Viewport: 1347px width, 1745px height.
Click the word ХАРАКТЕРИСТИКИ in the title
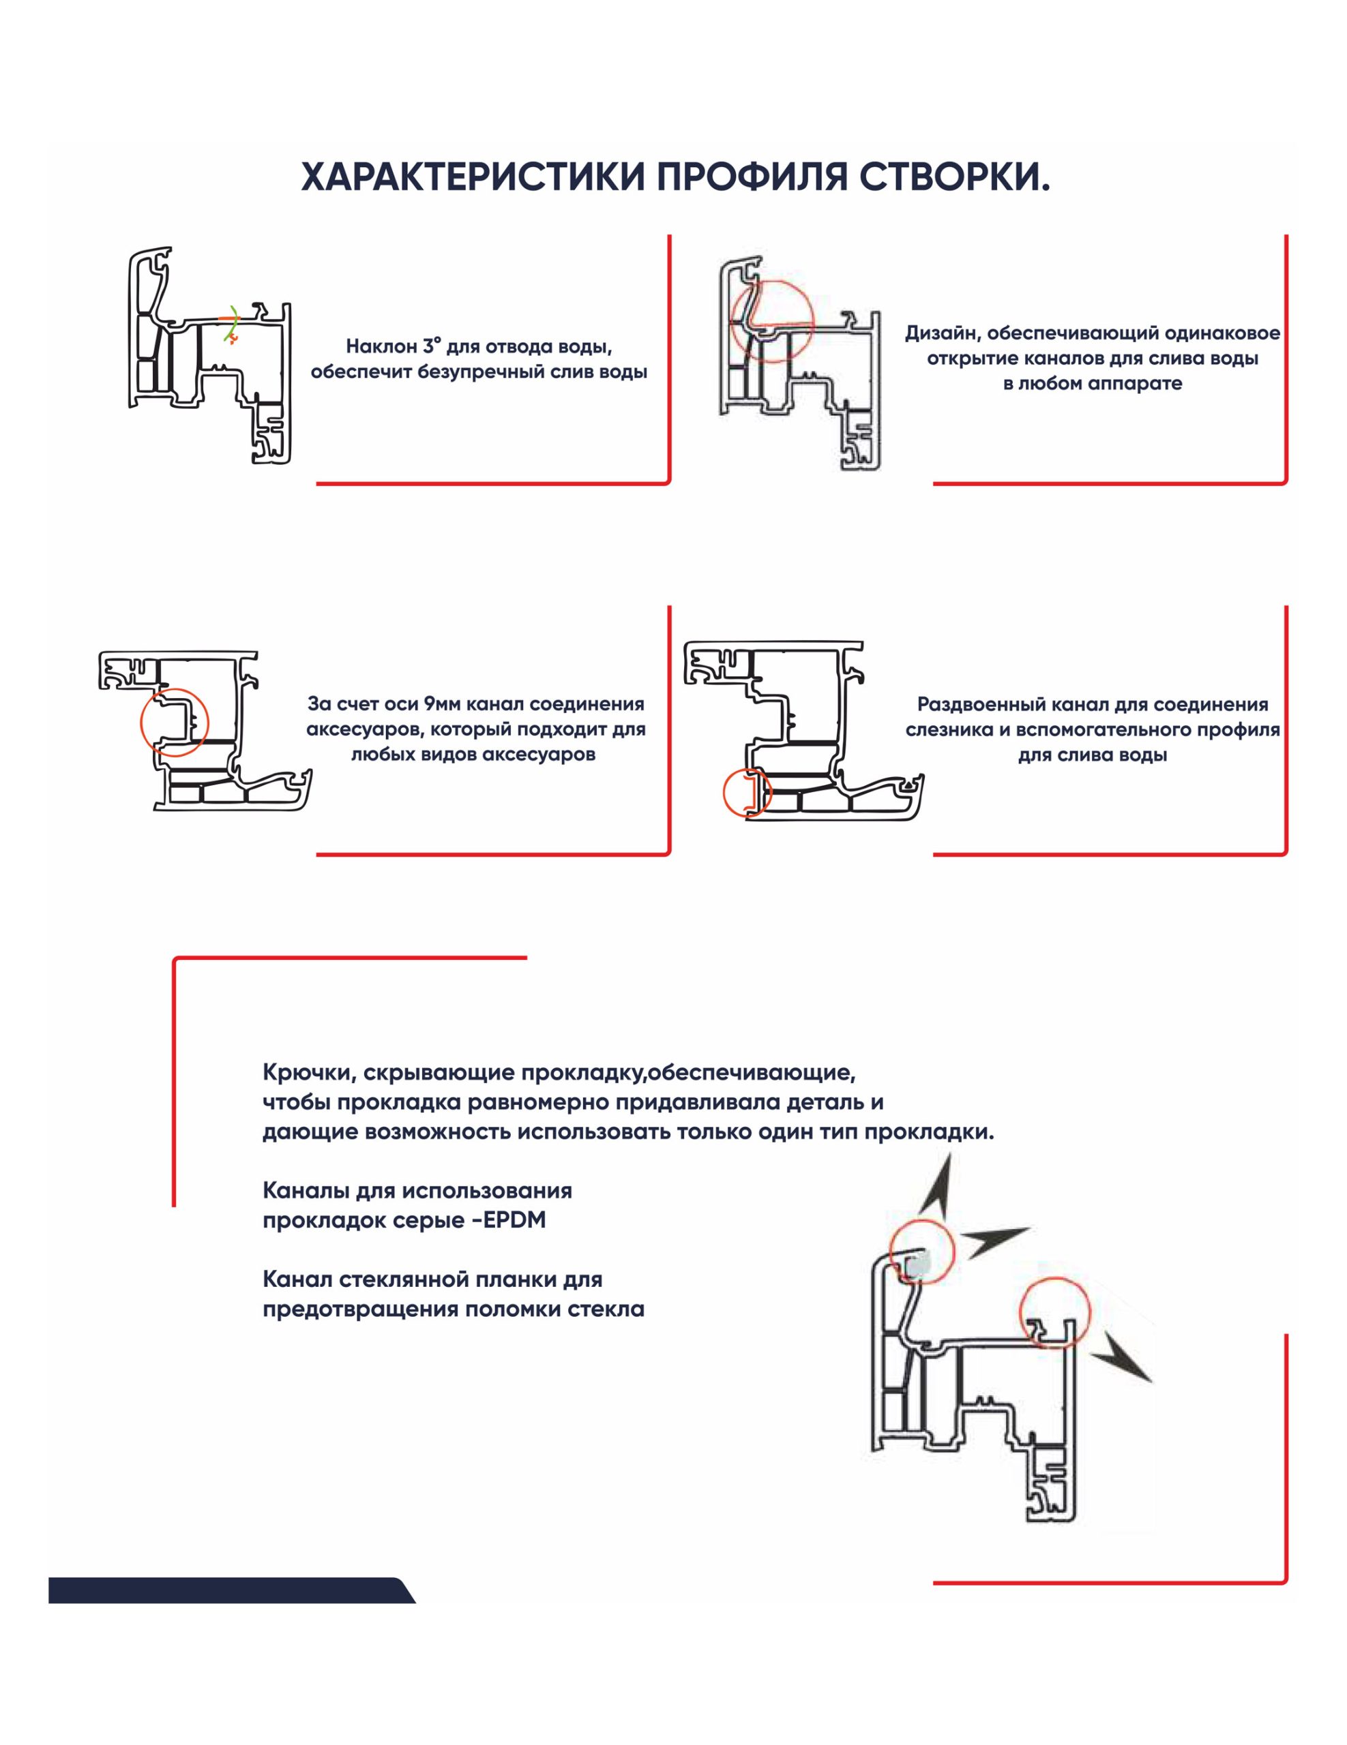pyautogui.click(x=473, y=178)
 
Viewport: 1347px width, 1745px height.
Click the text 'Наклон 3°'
pyautogui.click(x=394, y=347)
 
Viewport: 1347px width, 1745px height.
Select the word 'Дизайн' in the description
pyautogui.click(x=939, y=334)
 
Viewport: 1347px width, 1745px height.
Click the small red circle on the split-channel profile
pyautogui.click(x=747, y=794)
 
